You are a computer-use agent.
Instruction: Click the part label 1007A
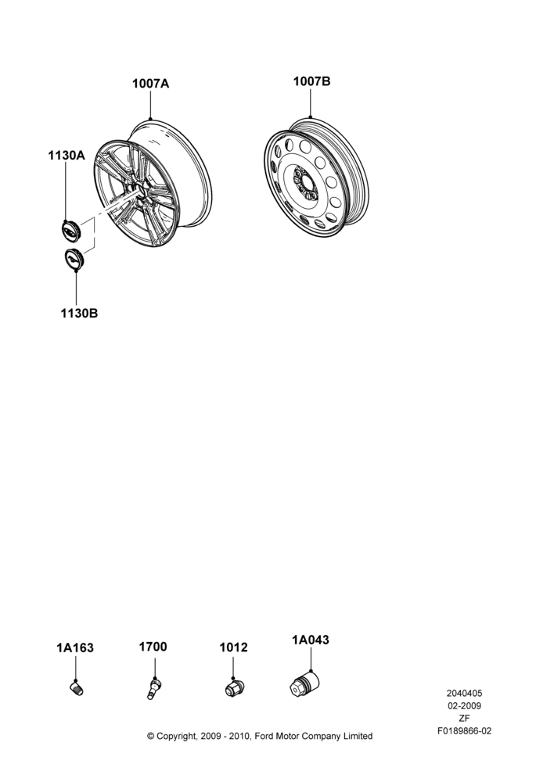tap(150, 84)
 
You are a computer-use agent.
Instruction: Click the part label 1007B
tap(311, 81)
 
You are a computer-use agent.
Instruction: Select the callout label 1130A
tap(67, 156)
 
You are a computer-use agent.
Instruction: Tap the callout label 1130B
tap(79, 314)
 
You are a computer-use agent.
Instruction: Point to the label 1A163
tap(75, 647)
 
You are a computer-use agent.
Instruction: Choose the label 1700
tap(153, 647)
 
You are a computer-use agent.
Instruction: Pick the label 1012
tap(234, 647)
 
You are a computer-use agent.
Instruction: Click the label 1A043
tap(311, 640)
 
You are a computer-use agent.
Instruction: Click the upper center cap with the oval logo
tap(71, 231)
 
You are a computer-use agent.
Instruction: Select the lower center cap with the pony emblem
tap(74, 260)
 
